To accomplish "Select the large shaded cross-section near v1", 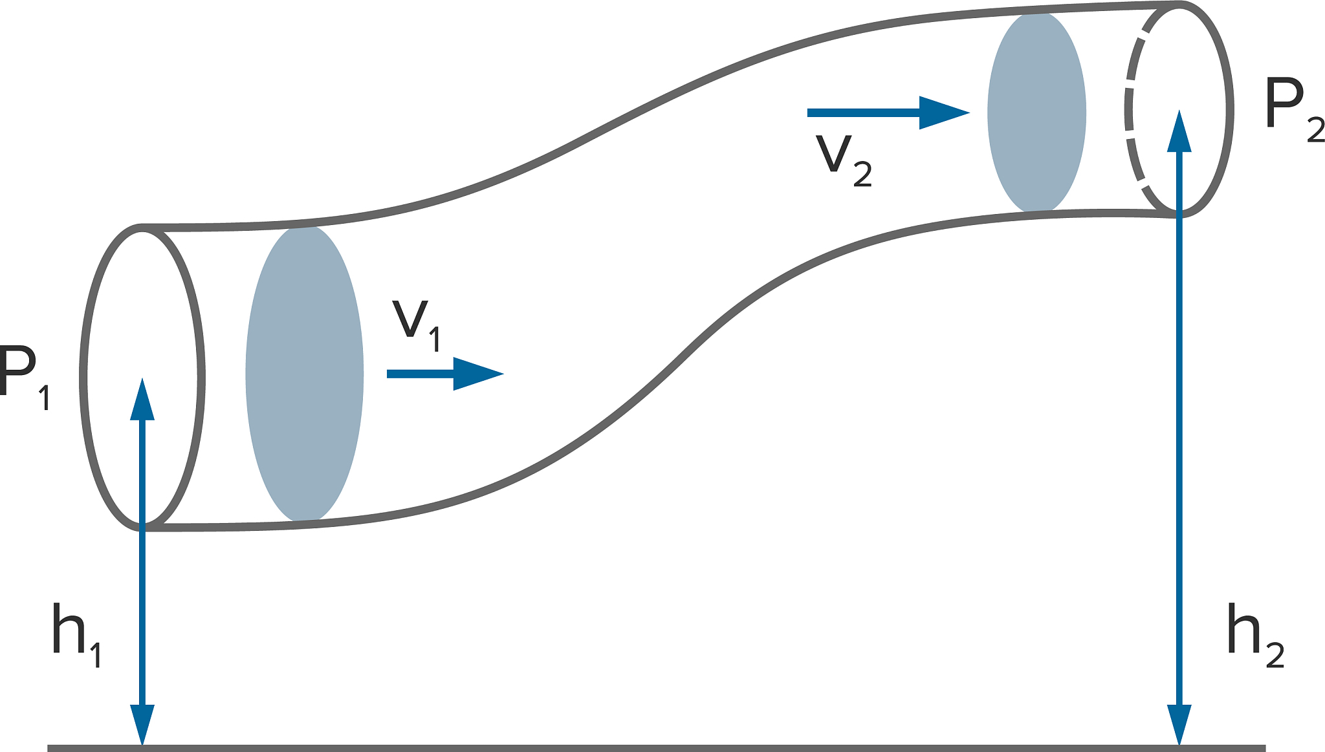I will tap(304, 374).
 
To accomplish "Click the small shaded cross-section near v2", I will tap(1036, 113).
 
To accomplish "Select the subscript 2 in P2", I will tap(1316, 130).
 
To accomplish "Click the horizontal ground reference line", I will tap(647, 748).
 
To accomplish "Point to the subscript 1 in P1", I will tap(44, 398).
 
